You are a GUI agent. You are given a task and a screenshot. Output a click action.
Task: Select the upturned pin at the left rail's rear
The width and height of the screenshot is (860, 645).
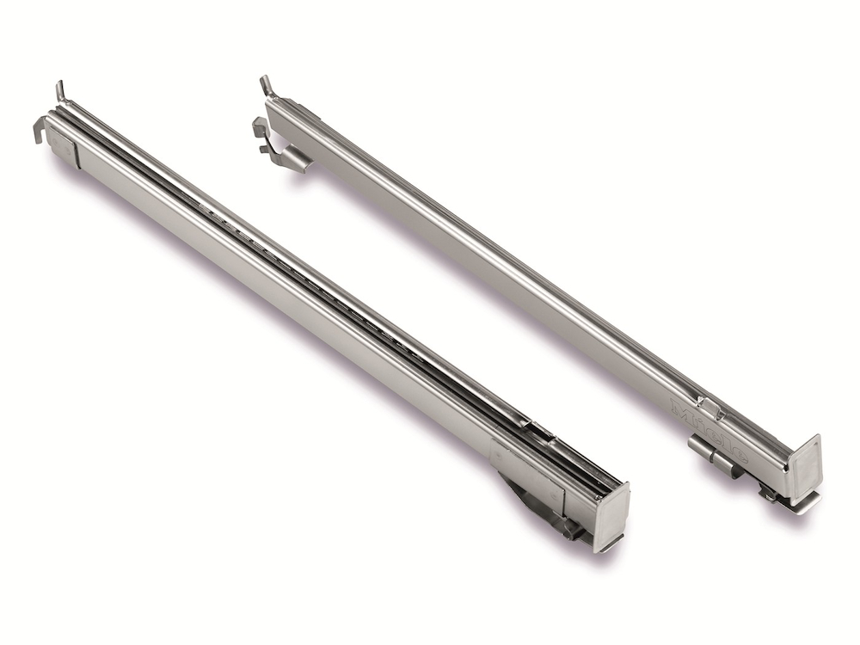[x=60, y=90]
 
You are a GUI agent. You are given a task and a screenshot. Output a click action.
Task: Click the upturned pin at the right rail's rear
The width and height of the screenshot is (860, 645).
[x=266, y=85]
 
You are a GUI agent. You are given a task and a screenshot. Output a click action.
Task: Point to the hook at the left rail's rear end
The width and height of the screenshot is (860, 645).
[x=38, y=130]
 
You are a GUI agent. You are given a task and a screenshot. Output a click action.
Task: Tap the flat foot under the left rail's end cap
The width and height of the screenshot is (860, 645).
[x=607, y=544]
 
